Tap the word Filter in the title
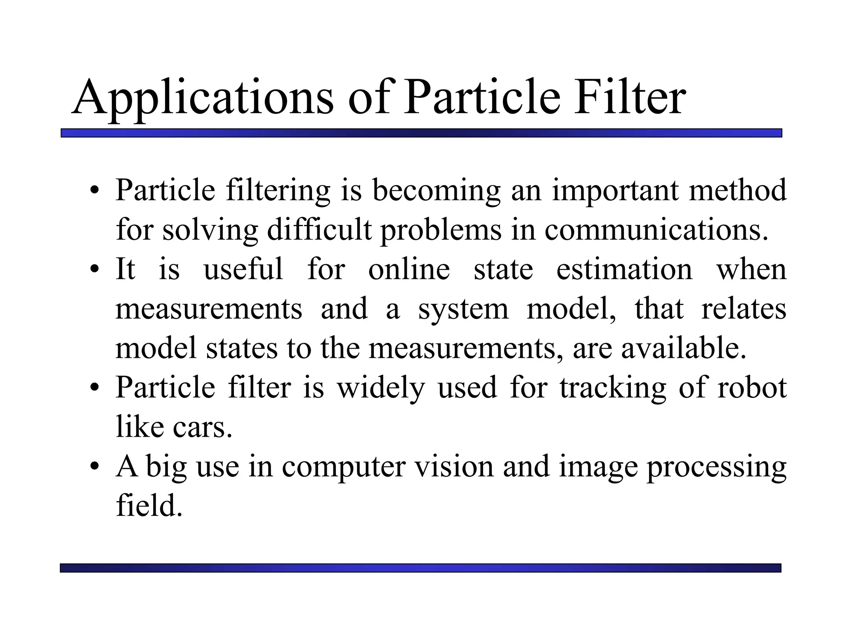tap(630, 98)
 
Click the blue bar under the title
tap(421, 133)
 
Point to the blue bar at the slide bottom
tap(420, 568)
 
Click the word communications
tap(656, 230)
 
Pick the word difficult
tap(319, 230)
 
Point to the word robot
tap(752, 388)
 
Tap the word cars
tap(203, 428)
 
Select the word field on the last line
tap(149, 506)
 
